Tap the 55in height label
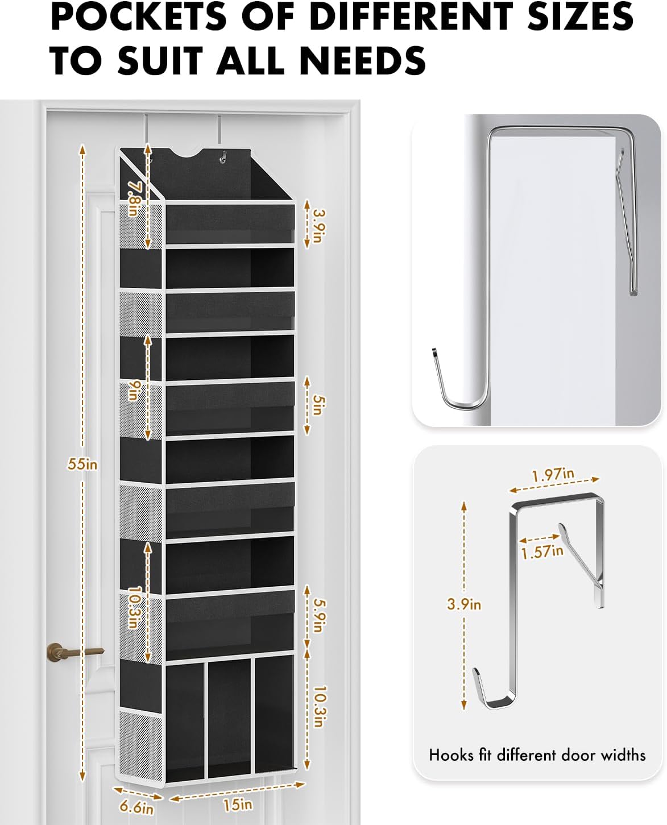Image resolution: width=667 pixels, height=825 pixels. tap(82, 464)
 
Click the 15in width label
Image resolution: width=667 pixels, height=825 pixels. tap(238, 804)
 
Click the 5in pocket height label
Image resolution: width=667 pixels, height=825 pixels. tap(317, 405)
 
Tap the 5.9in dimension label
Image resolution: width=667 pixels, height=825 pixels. tap(317, 616)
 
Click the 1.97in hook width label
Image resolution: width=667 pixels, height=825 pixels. tap(553, 474)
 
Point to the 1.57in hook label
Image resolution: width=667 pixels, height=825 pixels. tap(542, 551)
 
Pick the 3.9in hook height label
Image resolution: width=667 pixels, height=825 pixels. tap(464, 604)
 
